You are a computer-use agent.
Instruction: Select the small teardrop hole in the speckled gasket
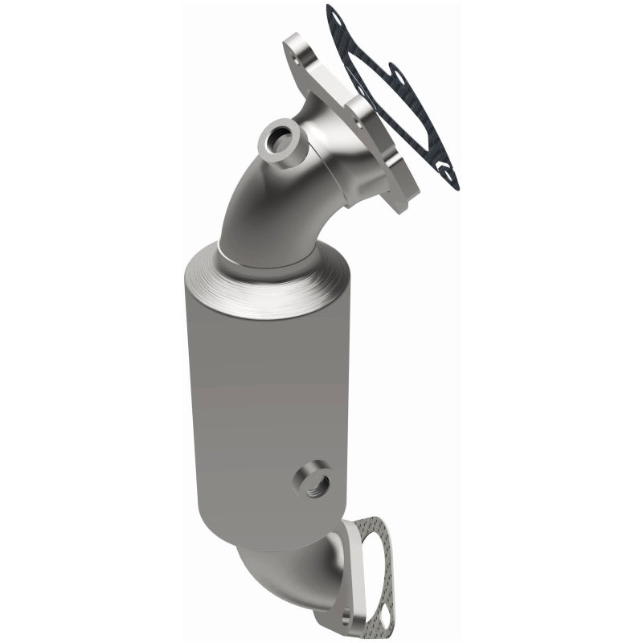(x=383, y=614)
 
